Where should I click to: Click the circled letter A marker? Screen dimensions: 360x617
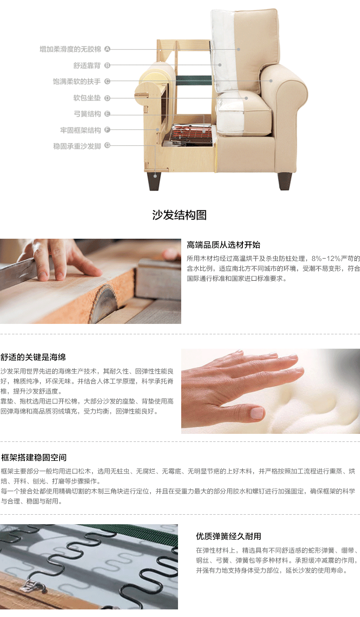click(107, 49)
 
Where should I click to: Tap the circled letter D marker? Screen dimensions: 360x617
click(107, 98)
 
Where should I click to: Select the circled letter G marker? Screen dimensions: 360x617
click(107, 145)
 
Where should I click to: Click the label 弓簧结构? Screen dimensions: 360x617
click(87, 114)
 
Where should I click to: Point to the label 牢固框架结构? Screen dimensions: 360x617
click(80, 130)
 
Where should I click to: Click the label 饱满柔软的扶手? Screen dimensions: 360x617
click(77, 82)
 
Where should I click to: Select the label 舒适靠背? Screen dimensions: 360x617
click(87, 66)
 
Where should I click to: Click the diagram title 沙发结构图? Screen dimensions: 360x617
click(179, 215)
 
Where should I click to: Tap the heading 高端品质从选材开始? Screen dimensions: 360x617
click(223, 245)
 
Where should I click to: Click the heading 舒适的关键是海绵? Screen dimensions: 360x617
click(33, 357)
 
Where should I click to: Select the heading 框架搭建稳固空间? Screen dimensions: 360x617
click(34, 457)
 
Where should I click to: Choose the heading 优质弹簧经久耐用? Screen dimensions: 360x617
click(229, 536)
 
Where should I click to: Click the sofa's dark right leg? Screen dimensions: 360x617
click(284, 181)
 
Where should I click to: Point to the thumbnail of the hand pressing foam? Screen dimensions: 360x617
click(270, 391)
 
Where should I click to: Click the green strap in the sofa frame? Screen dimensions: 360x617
click(193, 80)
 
